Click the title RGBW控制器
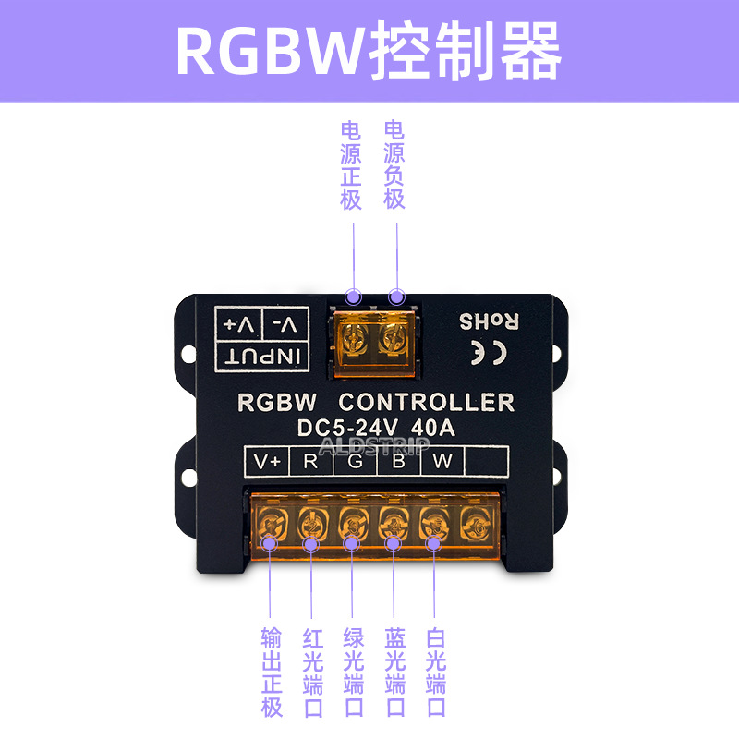point(369,51)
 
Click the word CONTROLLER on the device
point(426,403)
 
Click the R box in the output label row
point(310,461)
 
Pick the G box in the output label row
point(355,461)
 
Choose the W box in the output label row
point(442,461)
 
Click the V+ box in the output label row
point(267,461)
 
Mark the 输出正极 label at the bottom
point(271,672)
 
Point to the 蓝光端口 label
point(394,672)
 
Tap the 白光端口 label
point(436,672)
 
